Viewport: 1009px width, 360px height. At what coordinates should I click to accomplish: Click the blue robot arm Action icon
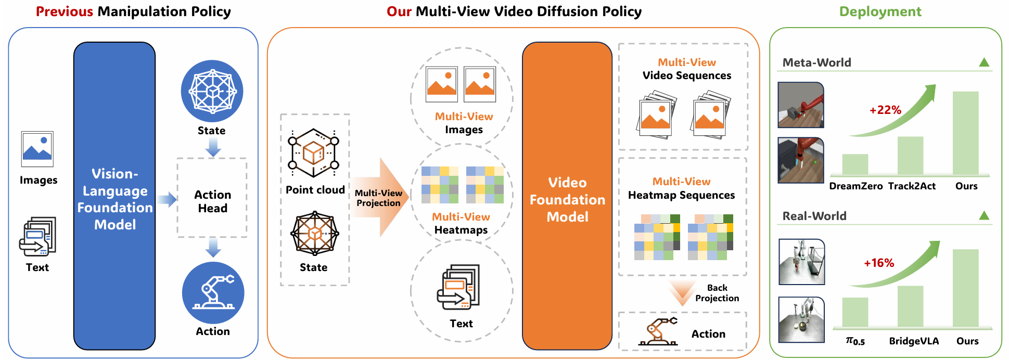213,293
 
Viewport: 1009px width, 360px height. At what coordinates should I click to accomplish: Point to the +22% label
885,110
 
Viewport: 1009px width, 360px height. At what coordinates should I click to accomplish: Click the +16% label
879,263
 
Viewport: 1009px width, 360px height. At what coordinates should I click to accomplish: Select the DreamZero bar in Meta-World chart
855,164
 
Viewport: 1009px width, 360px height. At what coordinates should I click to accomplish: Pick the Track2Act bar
910,156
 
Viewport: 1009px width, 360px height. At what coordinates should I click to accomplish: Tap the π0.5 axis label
855,341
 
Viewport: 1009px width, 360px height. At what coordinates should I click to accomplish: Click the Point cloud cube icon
313,153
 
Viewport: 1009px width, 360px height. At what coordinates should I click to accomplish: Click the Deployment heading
880,11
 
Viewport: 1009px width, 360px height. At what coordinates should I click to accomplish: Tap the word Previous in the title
65,11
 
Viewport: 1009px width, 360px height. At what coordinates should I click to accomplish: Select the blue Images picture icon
37,149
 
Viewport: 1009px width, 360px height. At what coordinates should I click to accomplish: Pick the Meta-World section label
816,62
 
